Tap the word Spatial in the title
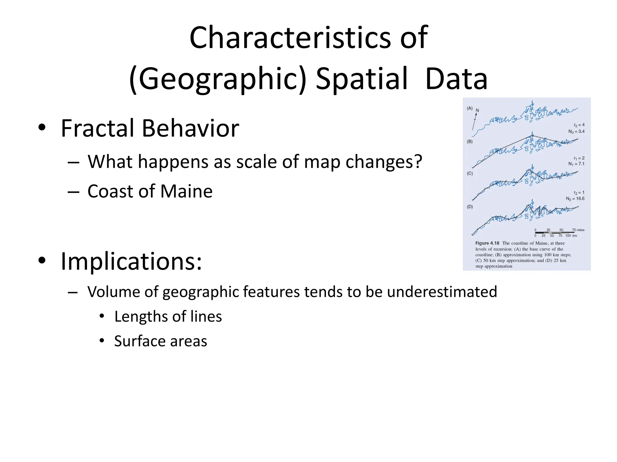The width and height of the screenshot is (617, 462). coord(362,79)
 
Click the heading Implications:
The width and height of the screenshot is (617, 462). coord(131,261)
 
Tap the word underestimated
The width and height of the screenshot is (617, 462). coord(442,292)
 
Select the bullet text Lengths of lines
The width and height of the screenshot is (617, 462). coord(168,316)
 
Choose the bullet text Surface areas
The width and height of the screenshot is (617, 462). coord(161,341)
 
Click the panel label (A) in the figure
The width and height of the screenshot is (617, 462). coord(470,108)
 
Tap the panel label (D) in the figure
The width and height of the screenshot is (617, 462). coord(470,207)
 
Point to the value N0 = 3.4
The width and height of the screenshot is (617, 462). coord(576,131)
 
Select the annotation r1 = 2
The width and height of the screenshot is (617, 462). coord(579,158)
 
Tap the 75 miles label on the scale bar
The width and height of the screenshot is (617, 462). coord(578,230)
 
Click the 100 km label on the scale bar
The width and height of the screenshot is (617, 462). coord(571,236)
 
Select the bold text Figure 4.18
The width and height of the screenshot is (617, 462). coord(487,243)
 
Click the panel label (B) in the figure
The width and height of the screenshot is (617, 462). coord(470,141)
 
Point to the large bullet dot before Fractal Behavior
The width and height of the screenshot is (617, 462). coord(42,128)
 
